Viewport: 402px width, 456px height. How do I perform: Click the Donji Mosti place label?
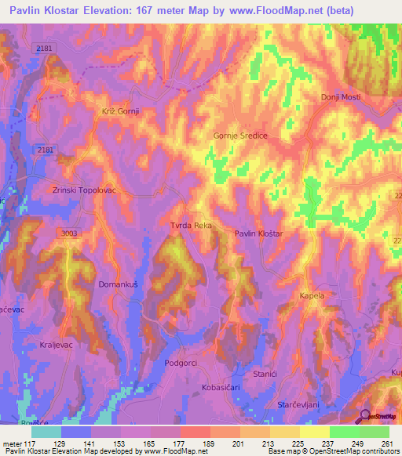point(340,96)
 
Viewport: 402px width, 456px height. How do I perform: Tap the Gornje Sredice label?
point(241,136)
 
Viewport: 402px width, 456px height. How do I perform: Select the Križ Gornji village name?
point(120,111)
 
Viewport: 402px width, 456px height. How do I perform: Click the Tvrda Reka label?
point(192,225)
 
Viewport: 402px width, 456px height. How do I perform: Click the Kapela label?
point(312,295)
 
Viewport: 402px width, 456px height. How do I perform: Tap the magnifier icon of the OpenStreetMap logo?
point(365,416)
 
